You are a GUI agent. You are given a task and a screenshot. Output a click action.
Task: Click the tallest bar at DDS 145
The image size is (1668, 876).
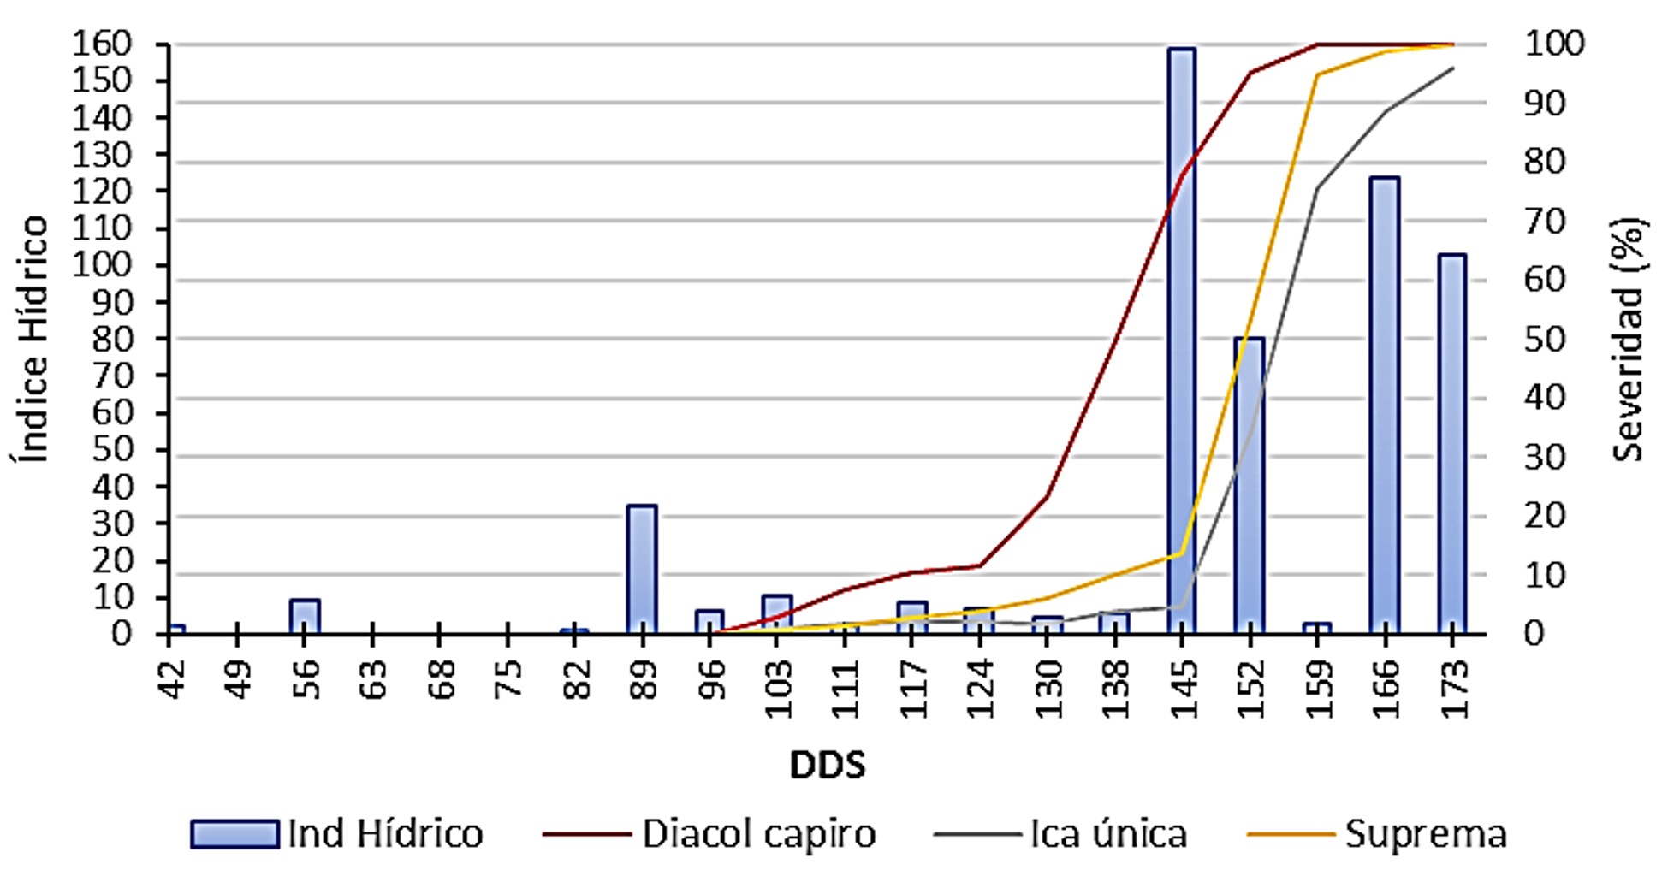1182,342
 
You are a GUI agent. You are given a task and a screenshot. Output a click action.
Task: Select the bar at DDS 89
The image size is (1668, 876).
642,569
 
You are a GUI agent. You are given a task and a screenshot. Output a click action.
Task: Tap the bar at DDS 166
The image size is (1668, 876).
1385,406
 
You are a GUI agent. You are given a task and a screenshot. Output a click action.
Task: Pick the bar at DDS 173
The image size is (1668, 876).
1452,445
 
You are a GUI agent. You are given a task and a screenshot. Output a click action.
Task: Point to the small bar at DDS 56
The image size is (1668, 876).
305,616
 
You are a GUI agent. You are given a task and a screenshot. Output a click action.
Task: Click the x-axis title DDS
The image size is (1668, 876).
827,765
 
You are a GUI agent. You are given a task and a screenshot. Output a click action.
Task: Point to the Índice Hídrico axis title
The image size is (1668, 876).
32,339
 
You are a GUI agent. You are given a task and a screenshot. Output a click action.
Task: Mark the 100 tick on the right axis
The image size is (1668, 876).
1554,44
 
